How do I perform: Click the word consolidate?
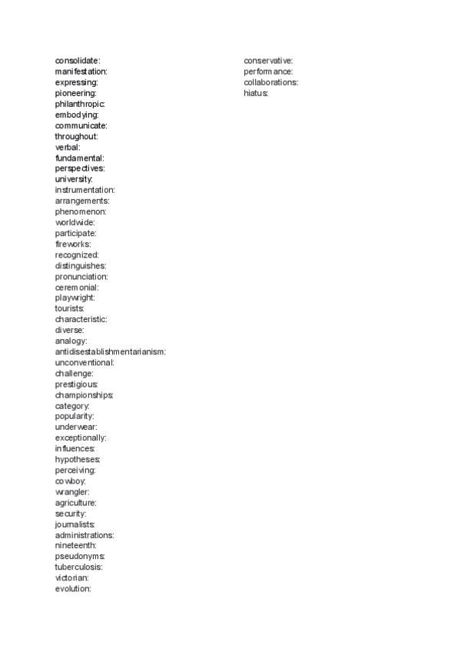coord(77,60)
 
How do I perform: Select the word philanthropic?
coord(79,103)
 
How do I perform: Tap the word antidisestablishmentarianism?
coord(110,351)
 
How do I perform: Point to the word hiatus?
coord(255,93)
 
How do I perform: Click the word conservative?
coord(268,60)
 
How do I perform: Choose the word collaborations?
coord(270,82)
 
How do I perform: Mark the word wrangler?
coord(71,491)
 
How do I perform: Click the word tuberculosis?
coord(78,567)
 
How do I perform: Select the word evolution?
coord(72,588)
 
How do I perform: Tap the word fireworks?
coord(72,244)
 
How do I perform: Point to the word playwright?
coord(75,298)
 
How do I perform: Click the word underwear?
coord(75,427)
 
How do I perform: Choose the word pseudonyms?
coord(79,556)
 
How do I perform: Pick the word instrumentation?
coord(85,189)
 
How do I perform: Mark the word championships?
coord(84,394)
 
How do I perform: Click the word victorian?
coord(71,577)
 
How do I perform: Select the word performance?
coord(268,72)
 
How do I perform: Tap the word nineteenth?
coord(75,545)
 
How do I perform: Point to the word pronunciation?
coord(81,276)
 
